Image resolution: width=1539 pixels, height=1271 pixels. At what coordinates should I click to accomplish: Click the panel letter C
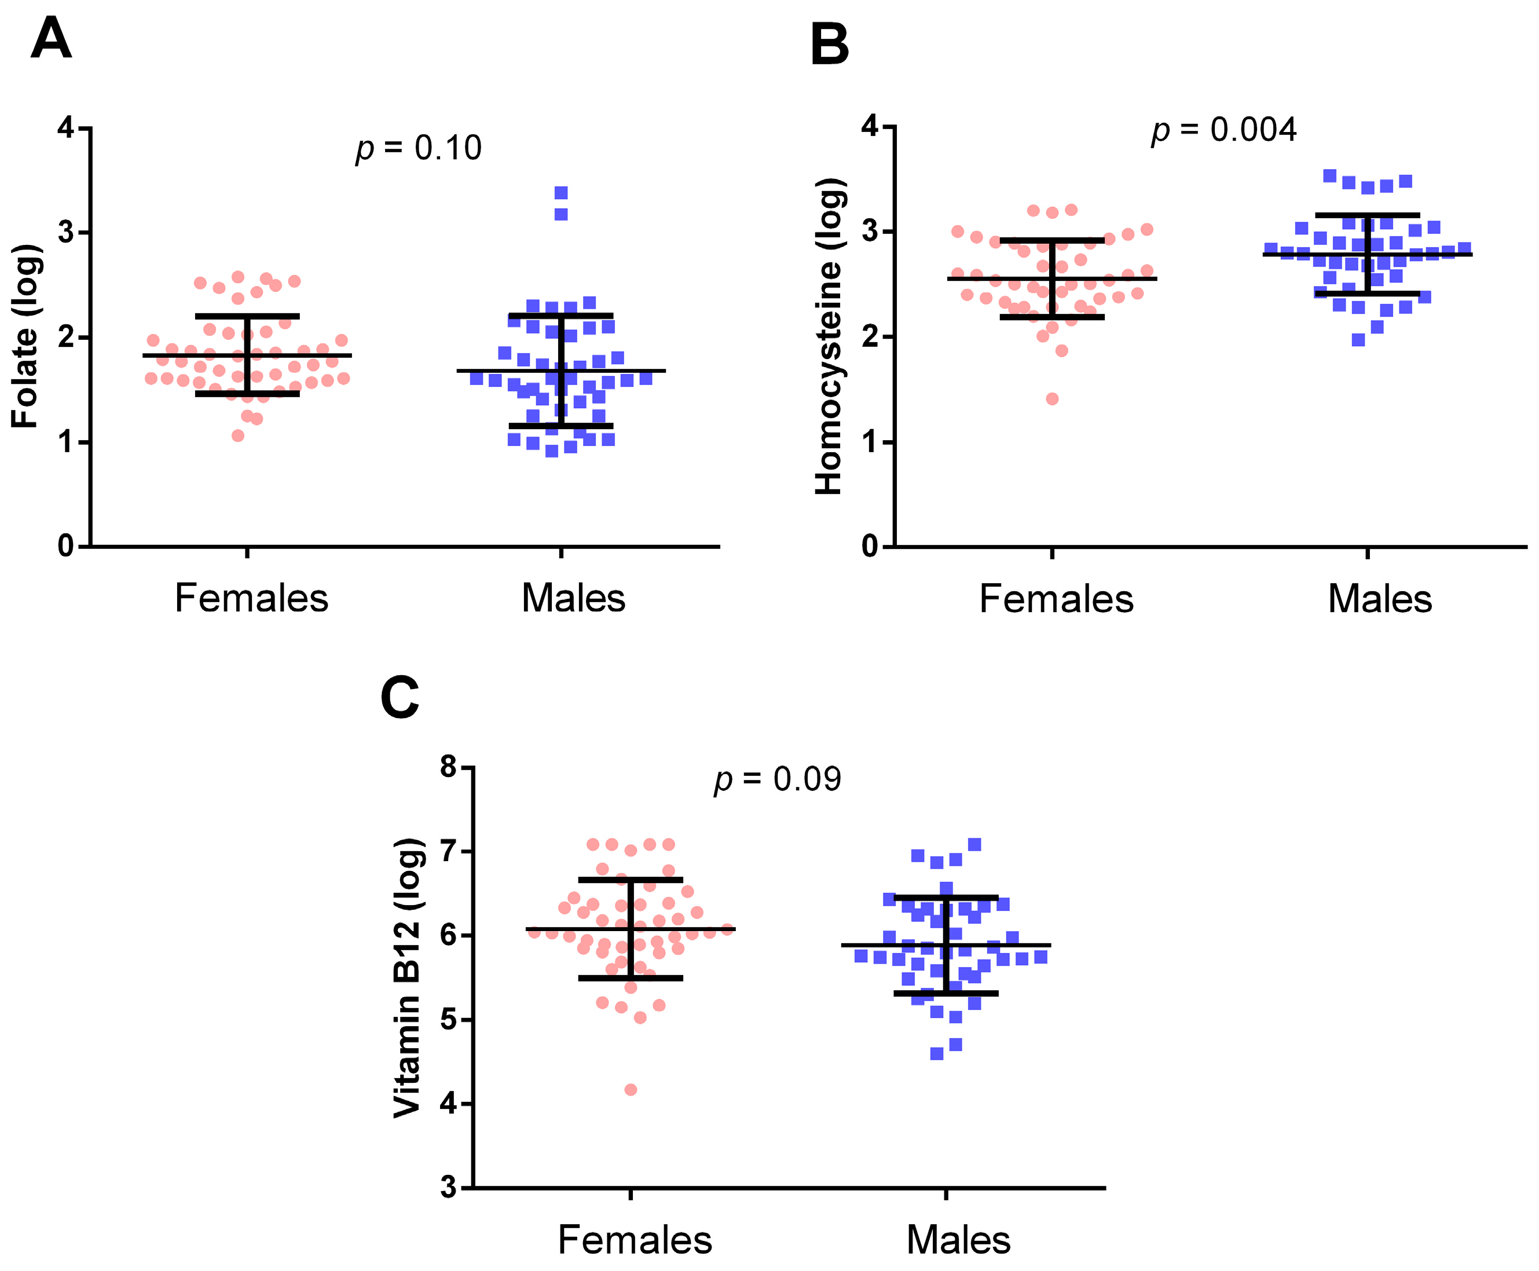(x=400, y=698)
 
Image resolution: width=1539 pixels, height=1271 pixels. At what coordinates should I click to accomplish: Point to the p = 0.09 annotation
(x=777, y=778)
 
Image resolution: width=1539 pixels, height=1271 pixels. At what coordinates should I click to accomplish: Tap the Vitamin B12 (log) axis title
(x=407, y=977)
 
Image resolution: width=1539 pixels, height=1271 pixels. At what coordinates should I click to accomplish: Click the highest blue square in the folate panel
(x=561, y=193)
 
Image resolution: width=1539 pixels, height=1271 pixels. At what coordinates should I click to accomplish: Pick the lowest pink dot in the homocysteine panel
(x=1052, y=398)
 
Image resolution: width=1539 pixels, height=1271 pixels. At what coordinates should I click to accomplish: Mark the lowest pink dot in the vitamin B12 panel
(x=631, y=1089)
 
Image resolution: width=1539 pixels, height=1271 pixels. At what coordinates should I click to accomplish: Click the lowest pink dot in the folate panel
(x=237, y=435)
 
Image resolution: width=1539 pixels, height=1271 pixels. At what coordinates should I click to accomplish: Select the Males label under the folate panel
(x=573, y=598)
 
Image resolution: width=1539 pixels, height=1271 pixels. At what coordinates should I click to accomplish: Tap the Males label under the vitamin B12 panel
(x=958, y=1240)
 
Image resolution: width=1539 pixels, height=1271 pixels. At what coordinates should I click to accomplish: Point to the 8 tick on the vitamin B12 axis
(x=448, y=767)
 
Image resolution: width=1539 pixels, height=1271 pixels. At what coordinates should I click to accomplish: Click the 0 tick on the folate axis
(x=66, y=546)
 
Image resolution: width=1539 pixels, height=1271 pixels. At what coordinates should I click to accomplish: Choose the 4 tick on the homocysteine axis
(x=869, y=127)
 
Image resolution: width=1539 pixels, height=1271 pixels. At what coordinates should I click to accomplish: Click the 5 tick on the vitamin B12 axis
(x=448, y=1020)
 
